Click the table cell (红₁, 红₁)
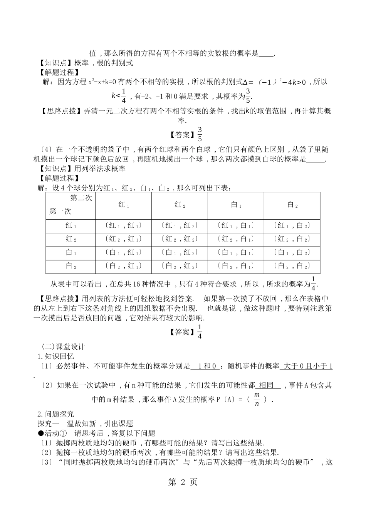click(x=123, y=225)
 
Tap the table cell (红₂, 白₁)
click(x=235, y=239)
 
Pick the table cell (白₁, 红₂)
click(x=180, y=252)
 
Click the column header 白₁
click(x=235, y=205)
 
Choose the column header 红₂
click(x=180, y=205)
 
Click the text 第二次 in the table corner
click(x=81, y=198)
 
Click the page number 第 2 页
click(x=183, y=482)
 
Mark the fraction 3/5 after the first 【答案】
click(x=200, y=134)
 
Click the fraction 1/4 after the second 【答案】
click(x=200, y=332)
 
